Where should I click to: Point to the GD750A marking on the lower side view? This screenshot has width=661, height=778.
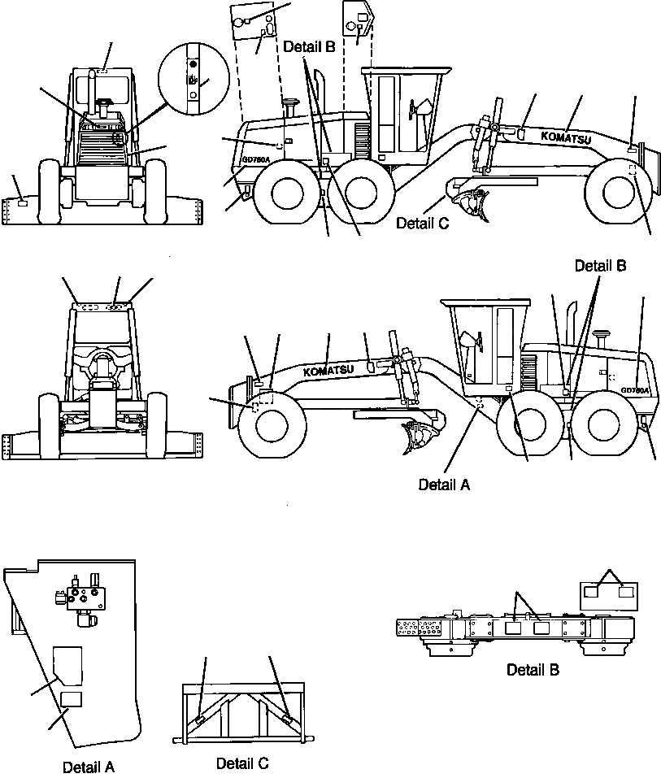click(x=635, y=390)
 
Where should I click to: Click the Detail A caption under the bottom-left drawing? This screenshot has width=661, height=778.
click(x=89, y=767)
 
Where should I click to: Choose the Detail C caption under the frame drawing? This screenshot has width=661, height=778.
click(x=241, y=763)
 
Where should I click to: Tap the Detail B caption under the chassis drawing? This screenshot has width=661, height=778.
click(x=533, y=670)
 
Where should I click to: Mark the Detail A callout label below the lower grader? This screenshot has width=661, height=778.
click(x=444, y=485)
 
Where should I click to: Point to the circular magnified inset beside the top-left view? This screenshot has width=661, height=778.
click(x=192, y=78)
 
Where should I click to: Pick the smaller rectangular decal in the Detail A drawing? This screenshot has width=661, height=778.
click(x=72, y=699)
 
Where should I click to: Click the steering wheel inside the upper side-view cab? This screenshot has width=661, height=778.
click(x=421, y=109)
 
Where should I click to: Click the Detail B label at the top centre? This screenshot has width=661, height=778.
click(x=309, y=47)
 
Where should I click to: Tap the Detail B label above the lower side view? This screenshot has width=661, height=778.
click(x=601, y=266)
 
